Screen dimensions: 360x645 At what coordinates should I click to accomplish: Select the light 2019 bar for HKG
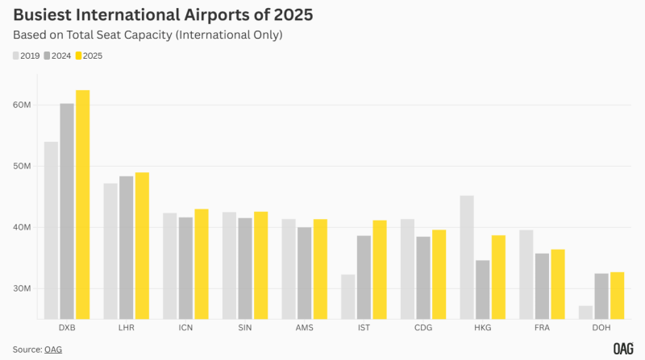pyautogui.click(x=466, y=256)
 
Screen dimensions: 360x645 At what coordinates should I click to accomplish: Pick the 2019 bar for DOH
pyautogui.click(x=585, y=312)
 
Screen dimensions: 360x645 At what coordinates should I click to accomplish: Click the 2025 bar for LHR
pyautogui.click(x=142, y=245)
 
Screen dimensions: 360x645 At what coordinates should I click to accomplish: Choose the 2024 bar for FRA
pyautogui.click(x=542, y=285)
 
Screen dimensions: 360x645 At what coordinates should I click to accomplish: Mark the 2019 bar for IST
pyautogui.click(x=347, y=296)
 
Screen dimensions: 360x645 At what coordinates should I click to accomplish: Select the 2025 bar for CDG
pyautogui.click(x=439, y=274)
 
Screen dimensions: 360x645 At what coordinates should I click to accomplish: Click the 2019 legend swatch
pyautogui.click(x=15, y=56)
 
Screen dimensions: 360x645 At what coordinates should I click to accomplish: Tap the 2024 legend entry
pyautogui.click(x=57, y=56)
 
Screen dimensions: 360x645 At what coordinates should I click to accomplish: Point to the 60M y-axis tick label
pyautogui.click(x=23, y=106)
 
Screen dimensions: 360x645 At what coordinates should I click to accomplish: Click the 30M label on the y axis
pyautogui.click(x=23, y=288)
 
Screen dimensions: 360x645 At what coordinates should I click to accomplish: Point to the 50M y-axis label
pyautogui.click(x=23, y=167)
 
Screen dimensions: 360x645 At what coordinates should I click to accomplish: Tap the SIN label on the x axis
pyautogui.click(x=244, y=328)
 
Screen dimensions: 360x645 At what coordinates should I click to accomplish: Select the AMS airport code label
pyautogui.click(x=304, y=328)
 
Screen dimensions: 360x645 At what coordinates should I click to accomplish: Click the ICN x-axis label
pyautogui.click(x=185, y=328)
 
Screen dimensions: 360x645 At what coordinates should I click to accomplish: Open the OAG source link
pyautogui.click(x=54, y=349)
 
